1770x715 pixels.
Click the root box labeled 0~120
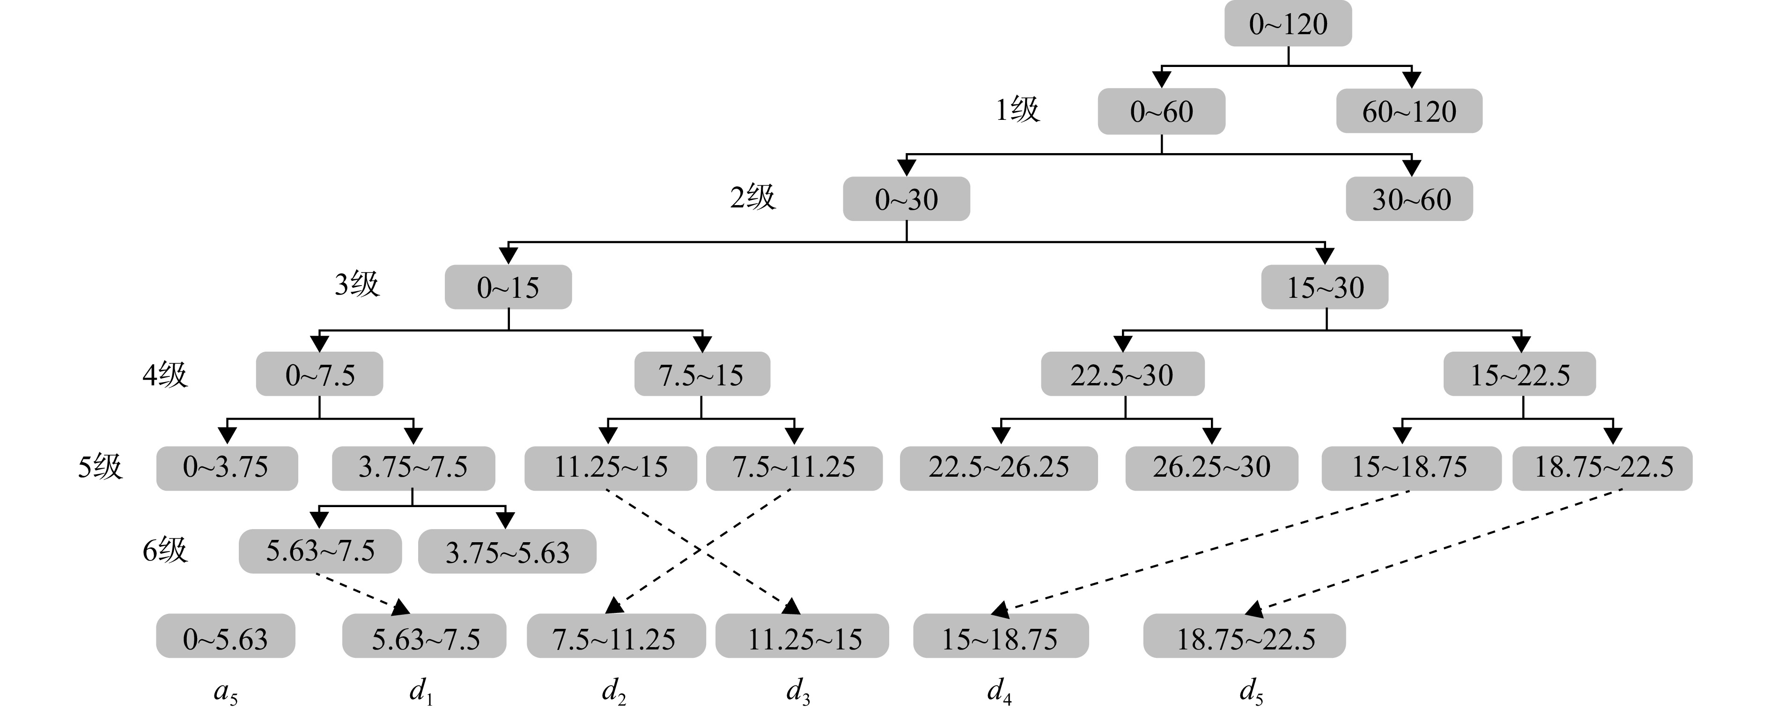[1288, 24]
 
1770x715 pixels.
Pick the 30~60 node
[1409, 199]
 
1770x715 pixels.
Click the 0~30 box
[906, 199]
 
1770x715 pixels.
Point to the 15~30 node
[1325, 287]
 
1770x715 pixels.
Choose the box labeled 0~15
[509, 287]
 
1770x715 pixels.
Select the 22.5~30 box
[1123, 374]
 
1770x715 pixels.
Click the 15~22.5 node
[1519, 374]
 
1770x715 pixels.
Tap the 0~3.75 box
[227, 468]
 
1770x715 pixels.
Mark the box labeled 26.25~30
[1211, 468]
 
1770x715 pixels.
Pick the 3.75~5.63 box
[507, 552]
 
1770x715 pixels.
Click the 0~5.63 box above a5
[225, 636]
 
